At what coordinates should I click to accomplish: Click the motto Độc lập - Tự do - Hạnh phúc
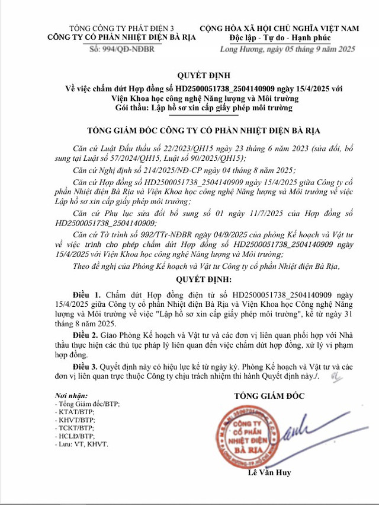coord(287,38)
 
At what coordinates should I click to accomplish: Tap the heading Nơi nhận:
coord(70,395)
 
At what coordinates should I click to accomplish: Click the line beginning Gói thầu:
coord(189,108)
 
